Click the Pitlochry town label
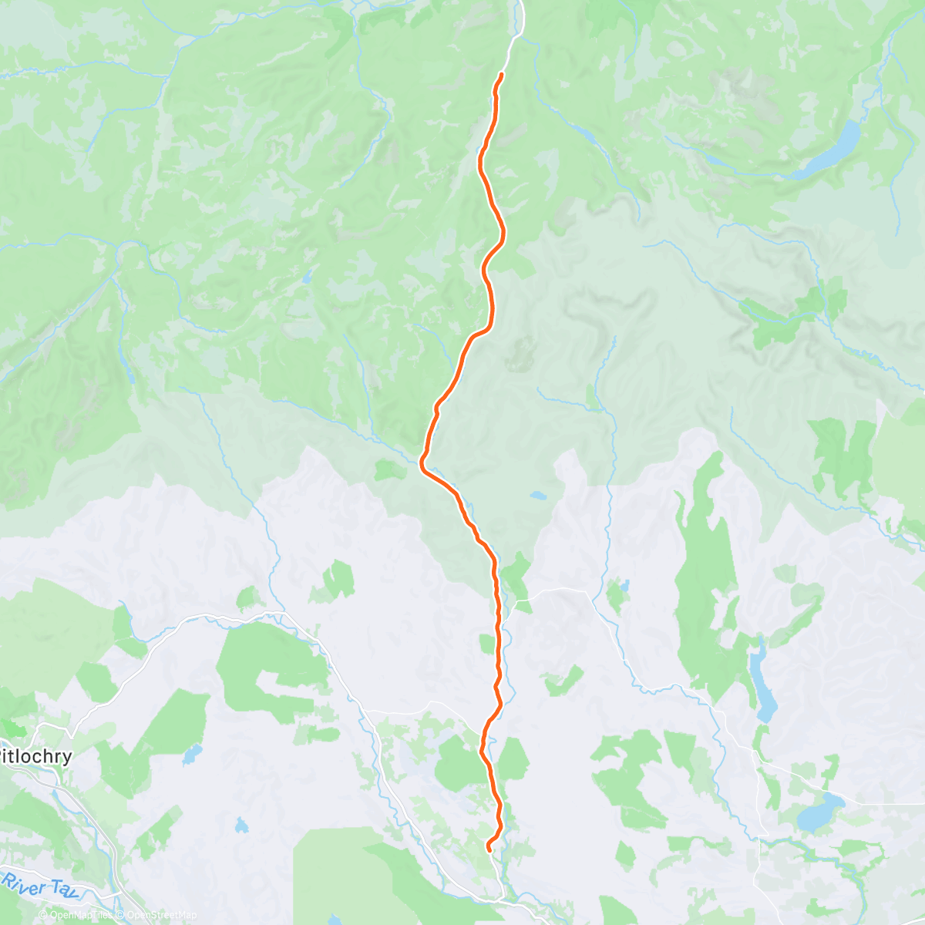35,756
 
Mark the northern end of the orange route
502,74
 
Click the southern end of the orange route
489,849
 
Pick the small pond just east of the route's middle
538,496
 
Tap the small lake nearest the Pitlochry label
192,753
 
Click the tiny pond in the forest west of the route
306,275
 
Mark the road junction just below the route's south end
501,896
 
